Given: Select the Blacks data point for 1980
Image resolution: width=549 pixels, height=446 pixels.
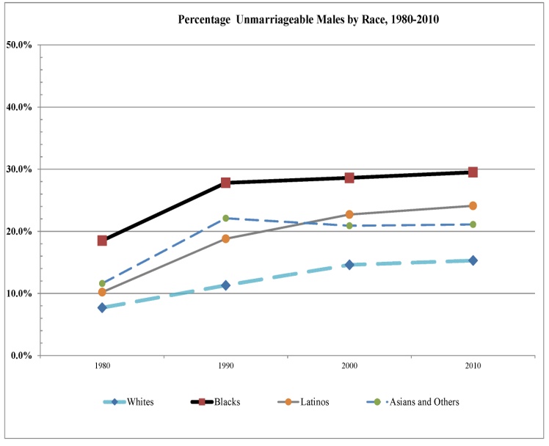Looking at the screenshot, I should (x=103, y=240).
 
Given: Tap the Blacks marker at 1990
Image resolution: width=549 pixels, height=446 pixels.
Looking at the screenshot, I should (x=226, y=182).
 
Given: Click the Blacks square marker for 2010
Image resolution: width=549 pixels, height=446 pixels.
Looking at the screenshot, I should (x=473, y=172).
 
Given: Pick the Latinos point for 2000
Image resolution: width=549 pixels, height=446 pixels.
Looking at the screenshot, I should (x=350, y=214).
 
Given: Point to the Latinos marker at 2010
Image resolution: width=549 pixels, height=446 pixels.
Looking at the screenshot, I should (x=473, y=205).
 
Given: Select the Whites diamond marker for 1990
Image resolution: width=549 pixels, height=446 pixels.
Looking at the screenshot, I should (x=226, y=285).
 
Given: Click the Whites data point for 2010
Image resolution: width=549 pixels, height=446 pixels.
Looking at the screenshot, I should (x=473, y=260).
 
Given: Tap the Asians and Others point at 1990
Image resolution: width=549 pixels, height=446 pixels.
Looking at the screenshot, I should (x=226, y=218).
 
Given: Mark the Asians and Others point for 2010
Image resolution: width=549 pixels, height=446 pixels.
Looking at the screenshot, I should (x=473, y=224).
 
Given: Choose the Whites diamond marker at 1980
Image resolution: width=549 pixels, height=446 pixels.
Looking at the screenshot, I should (x=103, y=307).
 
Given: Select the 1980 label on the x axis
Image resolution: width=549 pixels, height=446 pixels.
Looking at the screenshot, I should (x=103, y=366).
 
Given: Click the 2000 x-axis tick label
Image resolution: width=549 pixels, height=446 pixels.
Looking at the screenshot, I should (x=350, y=366).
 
